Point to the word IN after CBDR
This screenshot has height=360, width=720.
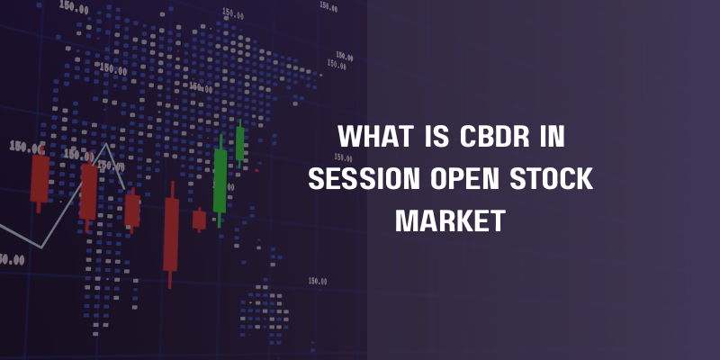552,137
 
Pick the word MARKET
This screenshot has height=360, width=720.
450,220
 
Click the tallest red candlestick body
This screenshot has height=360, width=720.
171,235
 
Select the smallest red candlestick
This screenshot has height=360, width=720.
199,220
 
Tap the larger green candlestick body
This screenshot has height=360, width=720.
220,181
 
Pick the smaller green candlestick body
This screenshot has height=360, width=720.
239,143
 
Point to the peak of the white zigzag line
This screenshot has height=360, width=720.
106,144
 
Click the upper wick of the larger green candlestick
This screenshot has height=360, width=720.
220,141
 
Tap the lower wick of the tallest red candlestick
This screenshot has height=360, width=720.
170,280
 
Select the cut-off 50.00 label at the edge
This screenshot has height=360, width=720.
12,260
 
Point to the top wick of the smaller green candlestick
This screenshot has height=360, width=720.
239,123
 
